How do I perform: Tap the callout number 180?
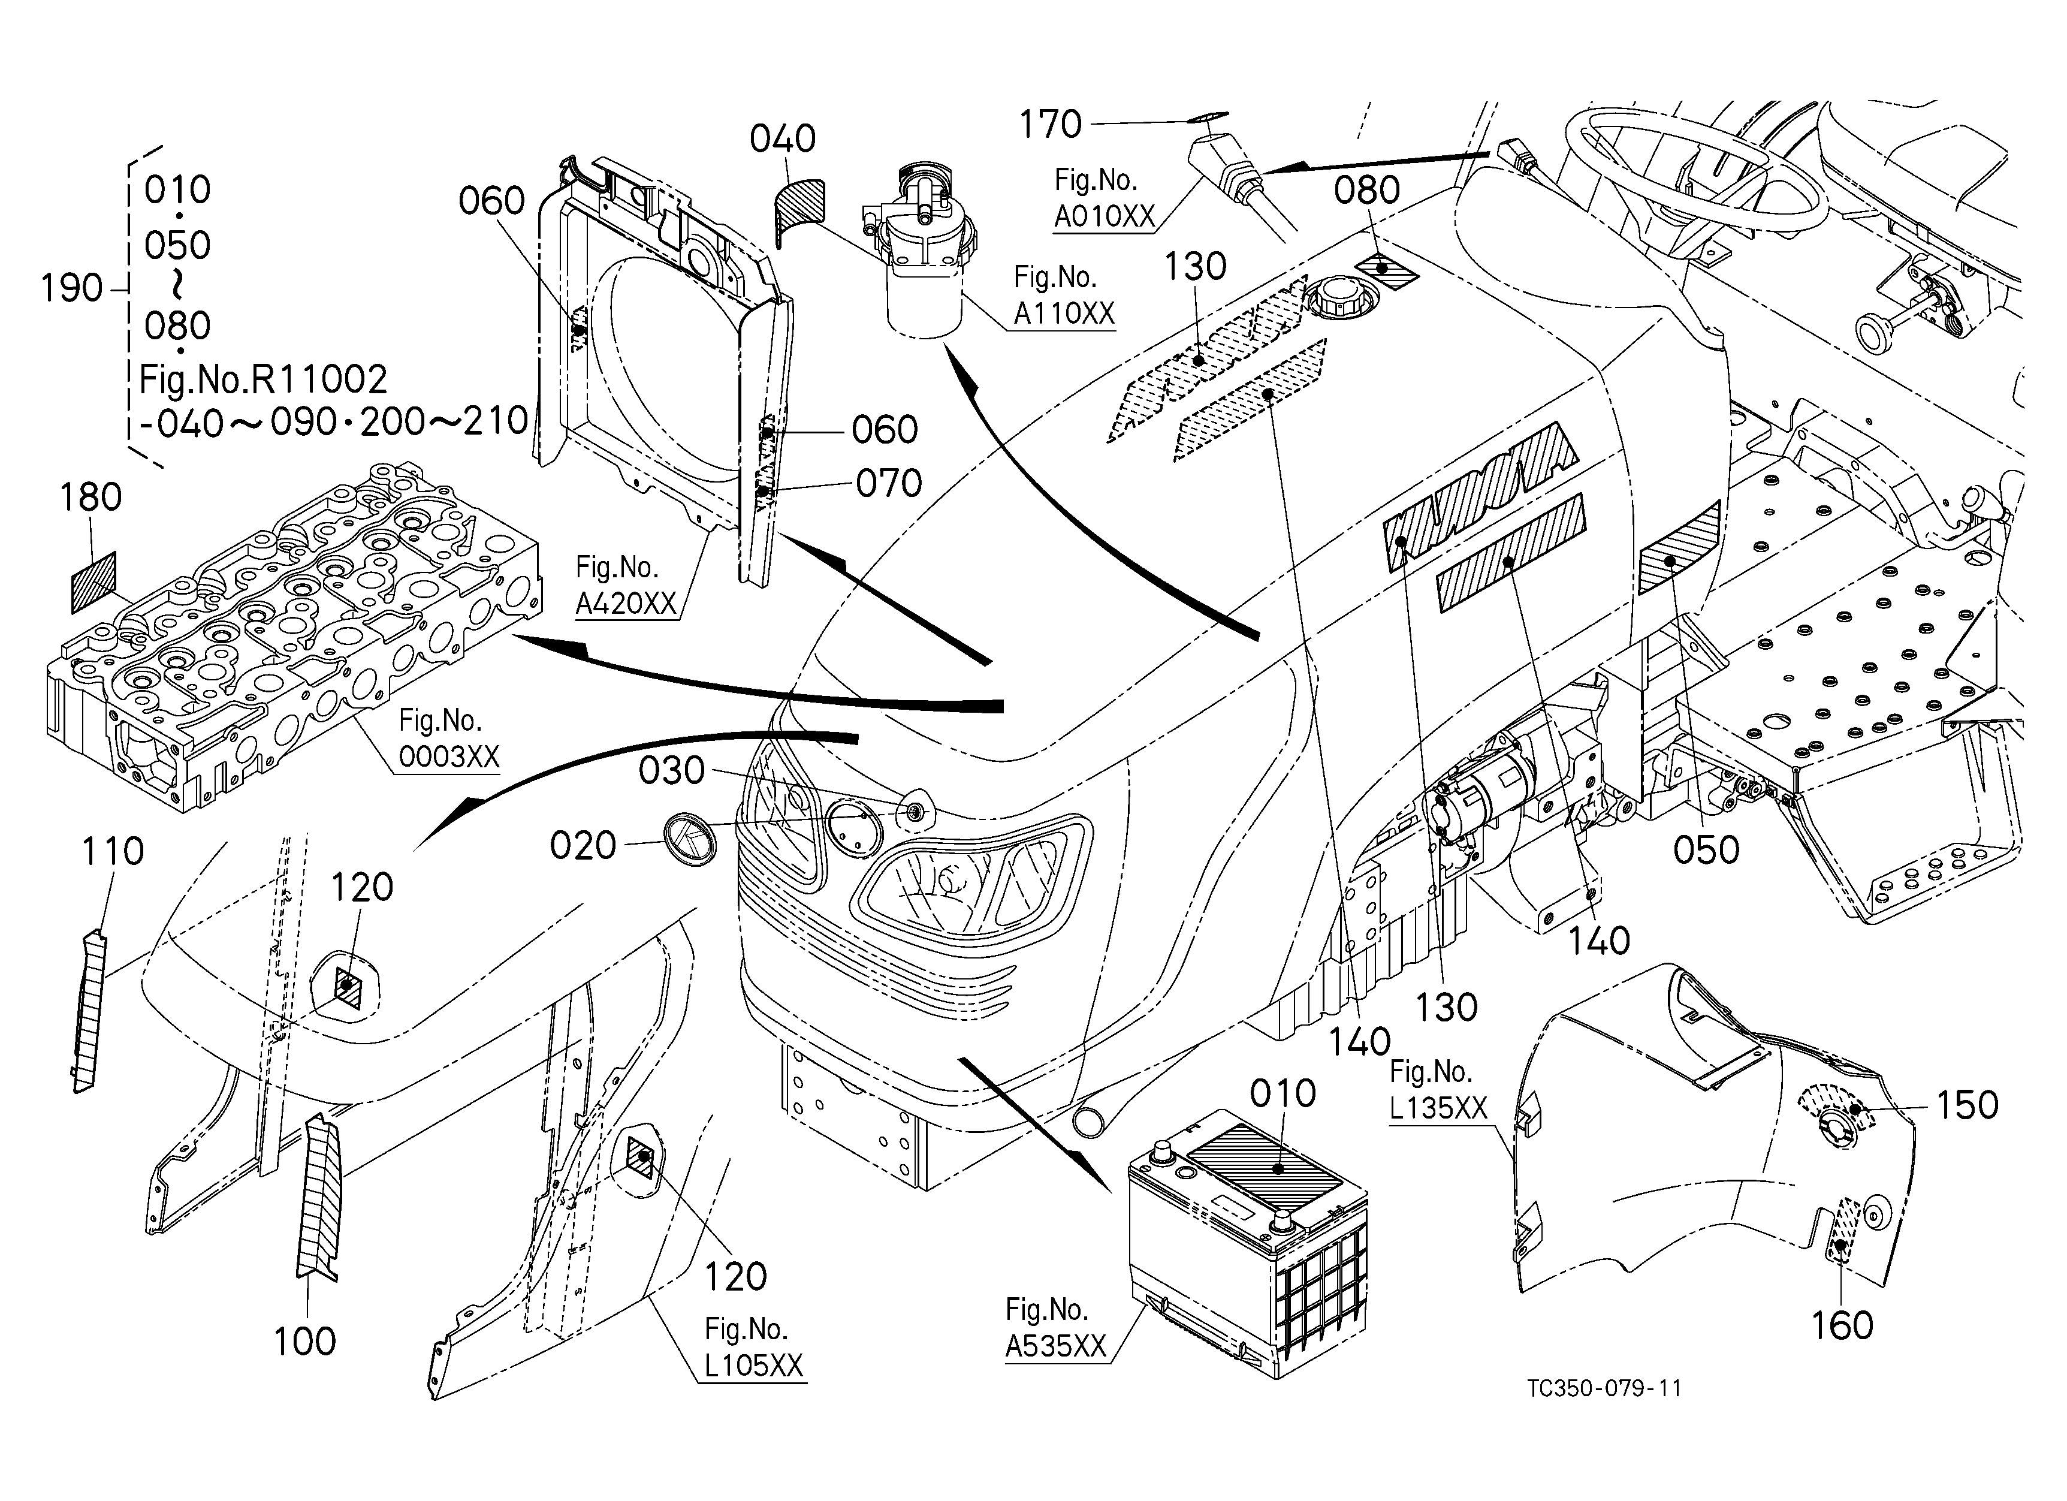coord(90,498)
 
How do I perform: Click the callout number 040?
coord(782,140)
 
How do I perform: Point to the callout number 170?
coord(1050,125)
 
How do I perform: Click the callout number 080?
coord(1366,191)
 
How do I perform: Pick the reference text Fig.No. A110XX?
coord(1064,296)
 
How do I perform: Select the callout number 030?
coord(672,771)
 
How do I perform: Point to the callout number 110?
coord(113,852)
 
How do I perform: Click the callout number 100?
coord(305,1342)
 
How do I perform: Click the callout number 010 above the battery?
coord(1283,1093)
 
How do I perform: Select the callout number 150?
coord(1967,1105)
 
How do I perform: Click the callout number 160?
coord(1842,1326)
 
